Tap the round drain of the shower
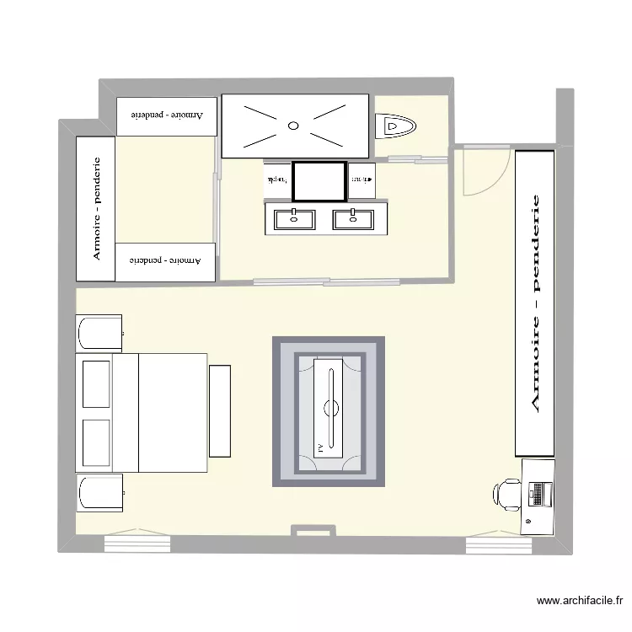pyautogui.click(x=293, y=126)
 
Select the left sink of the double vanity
pyautogui.click(x=294, y=219)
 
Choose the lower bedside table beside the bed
pyautogui.click(x=99, y=493)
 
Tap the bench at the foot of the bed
pyautogui.click(x=220, y=411)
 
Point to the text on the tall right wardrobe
pyautogui.click(x=535, y=303)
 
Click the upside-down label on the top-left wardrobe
pyautogui.click(x=167, y=113)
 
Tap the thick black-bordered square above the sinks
pyautogui.click(x=319, y=180)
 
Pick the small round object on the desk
pyautogui.click(x=528, y=522)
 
